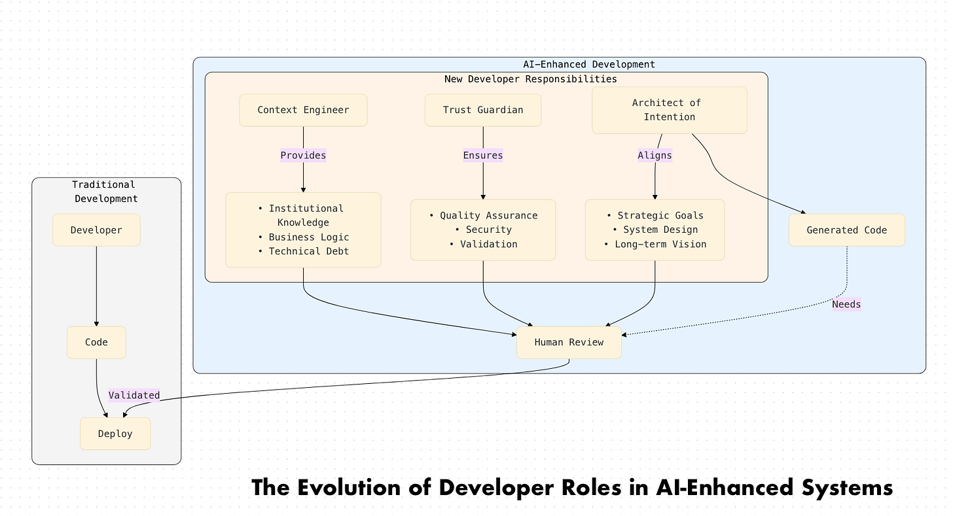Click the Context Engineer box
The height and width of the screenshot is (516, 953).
[303, 110]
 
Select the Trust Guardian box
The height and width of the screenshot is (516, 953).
[483, 110]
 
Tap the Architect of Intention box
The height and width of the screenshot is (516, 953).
[669, 110]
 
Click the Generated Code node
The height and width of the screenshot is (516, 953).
[846, 230]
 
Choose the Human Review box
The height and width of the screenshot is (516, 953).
[569, 342]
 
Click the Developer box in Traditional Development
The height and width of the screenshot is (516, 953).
[96, 230]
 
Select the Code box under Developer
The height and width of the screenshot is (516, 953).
[96, 342]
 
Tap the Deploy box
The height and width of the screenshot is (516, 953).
[115, 434]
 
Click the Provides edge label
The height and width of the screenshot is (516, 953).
[303, 155]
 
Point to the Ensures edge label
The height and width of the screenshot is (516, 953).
[483, 155]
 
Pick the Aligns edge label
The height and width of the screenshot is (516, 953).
[655, 155]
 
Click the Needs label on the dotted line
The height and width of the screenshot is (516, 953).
[846, 304]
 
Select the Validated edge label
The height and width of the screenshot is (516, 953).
[134, 395]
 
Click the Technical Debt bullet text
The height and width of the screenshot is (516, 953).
[308, 251]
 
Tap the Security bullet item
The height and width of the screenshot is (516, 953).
[488, 230]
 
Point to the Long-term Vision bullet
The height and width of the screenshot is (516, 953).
[660, 244]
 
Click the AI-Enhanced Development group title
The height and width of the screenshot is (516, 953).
[588, 64]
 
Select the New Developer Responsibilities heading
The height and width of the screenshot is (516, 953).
[530, 79]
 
